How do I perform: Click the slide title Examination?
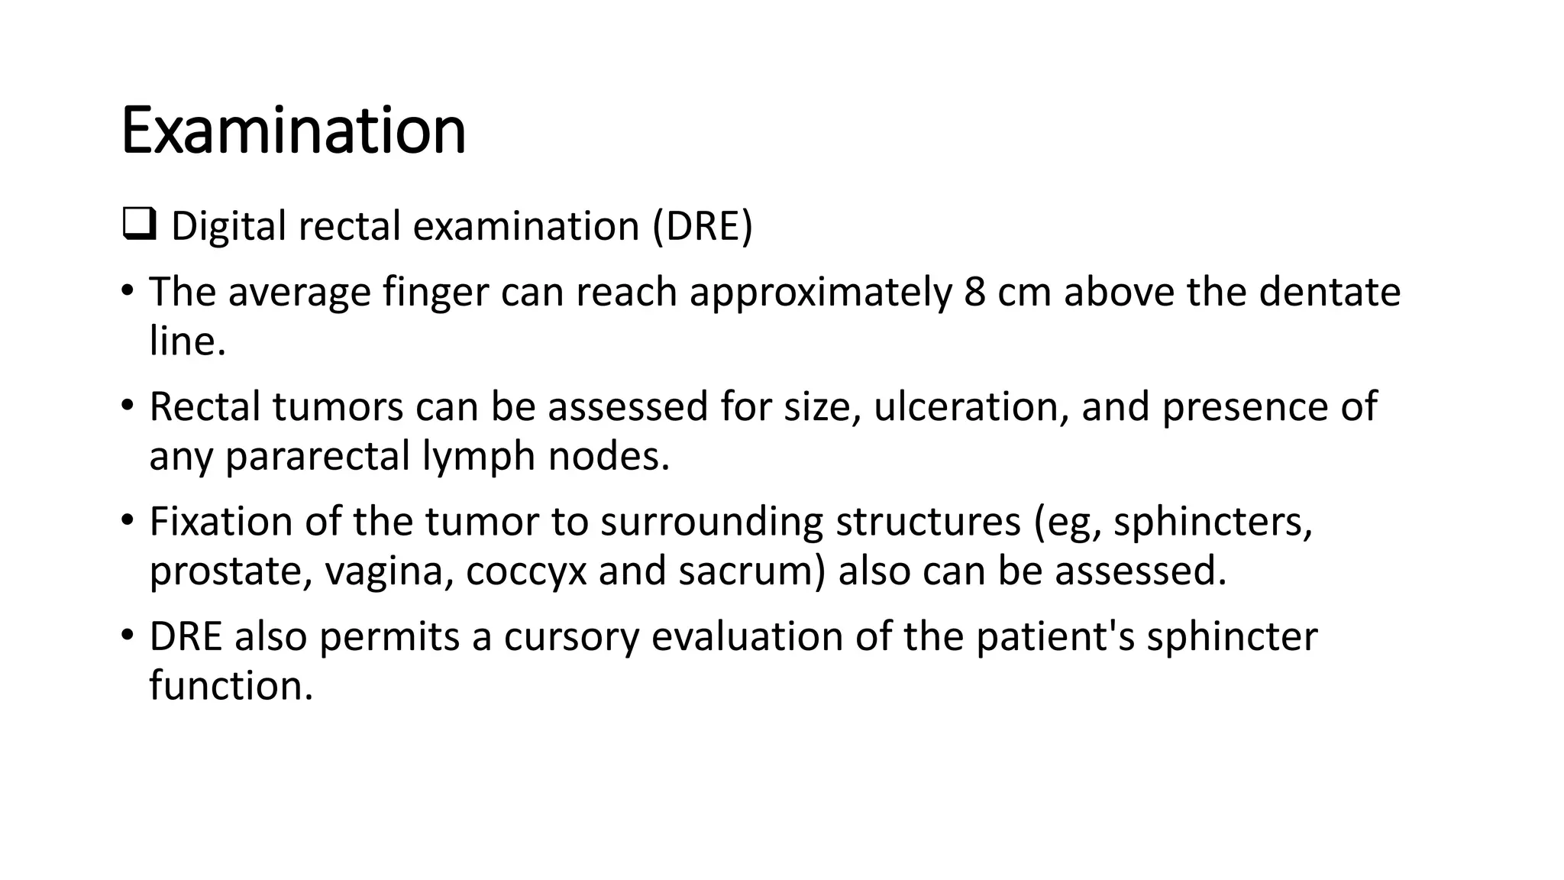click(293, 131)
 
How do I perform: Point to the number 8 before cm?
click(974, 292)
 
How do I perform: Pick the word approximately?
click(820, 293)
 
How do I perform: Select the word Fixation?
click(221, 522)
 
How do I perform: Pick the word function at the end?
click(231, 685)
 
